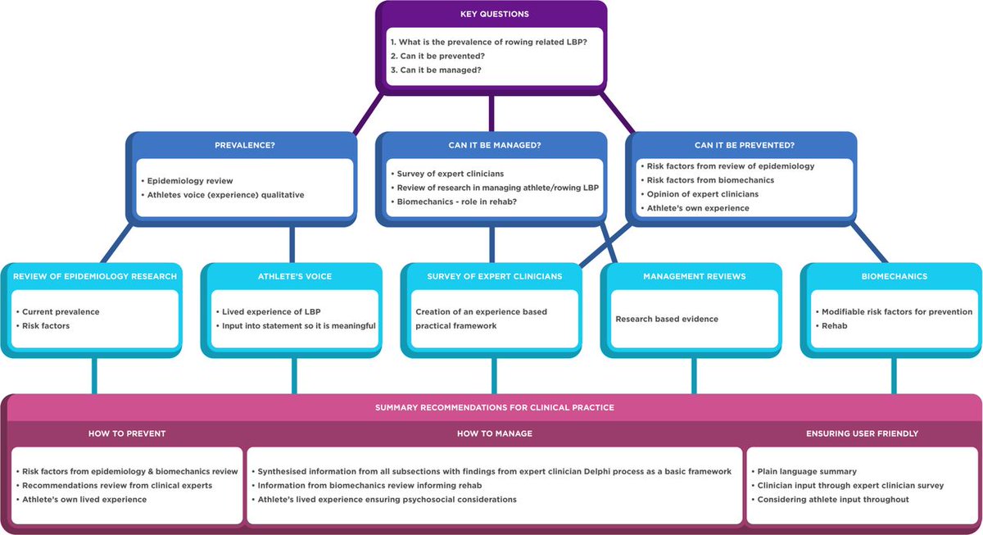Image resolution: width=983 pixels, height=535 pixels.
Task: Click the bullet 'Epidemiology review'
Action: point(191,179)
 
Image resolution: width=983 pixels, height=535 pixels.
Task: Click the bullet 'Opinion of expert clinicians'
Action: point(702,193)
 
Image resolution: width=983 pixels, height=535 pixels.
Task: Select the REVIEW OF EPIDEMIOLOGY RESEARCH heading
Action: point(95,276)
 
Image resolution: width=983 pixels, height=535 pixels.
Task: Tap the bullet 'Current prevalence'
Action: point(61,312)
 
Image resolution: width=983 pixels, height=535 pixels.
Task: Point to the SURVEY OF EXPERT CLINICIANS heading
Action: point(494,276)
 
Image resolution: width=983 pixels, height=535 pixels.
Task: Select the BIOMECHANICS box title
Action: point(894,276)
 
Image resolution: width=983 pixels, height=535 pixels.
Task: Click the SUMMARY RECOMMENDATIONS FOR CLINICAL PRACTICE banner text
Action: point(494,407)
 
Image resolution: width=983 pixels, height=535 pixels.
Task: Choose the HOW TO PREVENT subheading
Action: point(127,433)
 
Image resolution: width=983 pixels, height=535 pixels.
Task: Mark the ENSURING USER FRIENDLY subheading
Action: point(862,433)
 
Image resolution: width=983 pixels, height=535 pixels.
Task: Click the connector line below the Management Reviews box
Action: point(695,376)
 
